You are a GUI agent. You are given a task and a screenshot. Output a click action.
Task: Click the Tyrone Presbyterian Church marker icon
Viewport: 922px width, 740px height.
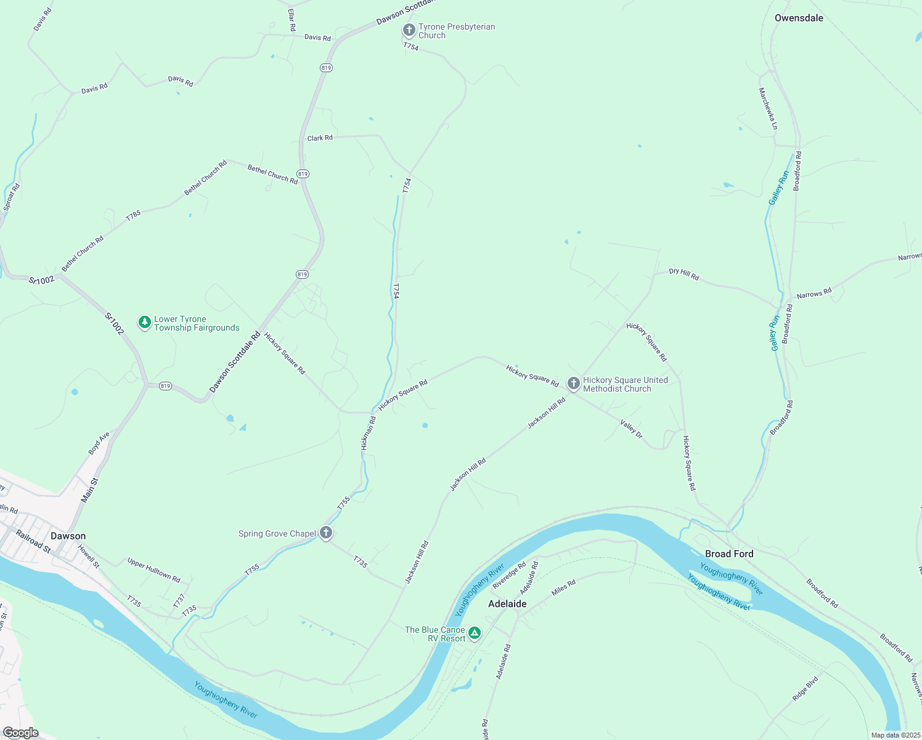[409, 30]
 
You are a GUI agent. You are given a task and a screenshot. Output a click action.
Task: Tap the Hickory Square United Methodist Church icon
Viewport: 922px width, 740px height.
[574, 384]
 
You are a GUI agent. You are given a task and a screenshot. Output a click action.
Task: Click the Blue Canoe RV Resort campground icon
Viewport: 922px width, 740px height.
[475, 633]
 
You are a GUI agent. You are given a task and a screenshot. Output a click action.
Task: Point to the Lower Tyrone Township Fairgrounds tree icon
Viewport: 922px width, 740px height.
[145, 323]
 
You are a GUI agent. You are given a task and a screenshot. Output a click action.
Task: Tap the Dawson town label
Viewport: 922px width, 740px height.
[68, 536]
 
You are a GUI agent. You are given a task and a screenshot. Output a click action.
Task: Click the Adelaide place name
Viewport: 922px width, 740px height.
[507, 604]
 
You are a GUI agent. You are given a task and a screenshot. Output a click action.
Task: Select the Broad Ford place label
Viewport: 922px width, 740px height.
[729, 554]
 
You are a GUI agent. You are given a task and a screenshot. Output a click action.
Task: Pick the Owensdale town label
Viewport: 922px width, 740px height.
[799, 18]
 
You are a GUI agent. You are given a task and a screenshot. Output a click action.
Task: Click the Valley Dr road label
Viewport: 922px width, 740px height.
[631, 429]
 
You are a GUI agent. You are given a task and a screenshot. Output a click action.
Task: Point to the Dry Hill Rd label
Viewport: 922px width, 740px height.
[684, 274]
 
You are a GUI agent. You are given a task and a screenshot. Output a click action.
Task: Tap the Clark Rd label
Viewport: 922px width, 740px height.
[320, 138]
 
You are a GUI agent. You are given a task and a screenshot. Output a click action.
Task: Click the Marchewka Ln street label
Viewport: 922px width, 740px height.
[768, 109]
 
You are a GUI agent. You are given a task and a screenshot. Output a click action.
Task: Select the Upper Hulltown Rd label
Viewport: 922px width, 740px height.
[153, 570]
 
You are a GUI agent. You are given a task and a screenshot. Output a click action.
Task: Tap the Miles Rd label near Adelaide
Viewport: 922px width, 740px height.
[563, 587]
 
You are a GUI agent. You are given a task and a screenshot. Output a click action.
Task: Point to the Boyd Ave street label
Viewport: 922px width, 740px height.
[99, 443]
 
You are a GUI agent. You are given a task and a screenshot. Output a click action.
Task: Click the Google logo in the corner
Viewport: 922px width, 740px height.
[20, 733]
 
